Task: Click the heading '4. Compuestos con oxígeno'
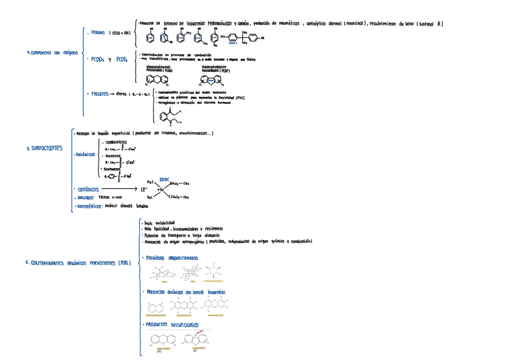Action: point(53,53)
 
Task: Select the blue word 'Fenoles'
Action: point(97,33)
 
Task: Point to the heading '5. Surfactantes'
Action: point(45,148)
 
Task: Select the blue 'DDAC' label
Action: point(164,178)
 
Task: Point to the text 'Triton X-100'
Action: point(110,197)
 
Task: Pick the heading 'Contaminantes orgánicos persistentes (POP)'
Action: point(78,263)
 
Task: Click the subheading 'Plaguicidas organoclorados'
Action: point(172,259)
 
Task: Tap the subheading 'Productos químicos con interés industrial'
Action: point(185,292)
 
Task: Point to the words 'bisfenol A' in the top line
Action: point(430,24)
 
